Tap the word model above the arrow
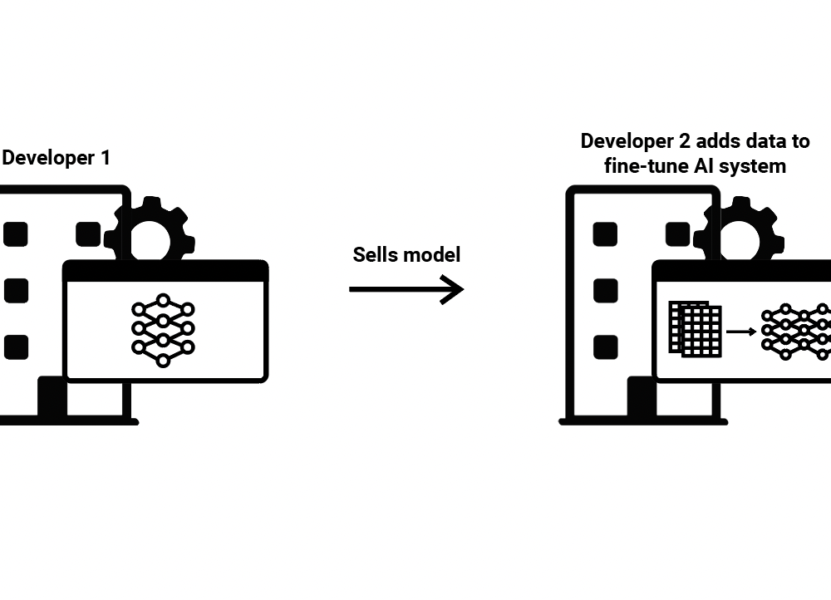(431, 255)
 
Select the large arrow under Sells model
(406, 290)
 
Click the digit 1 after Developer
(104, 158)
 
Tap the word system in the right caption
(754, 166)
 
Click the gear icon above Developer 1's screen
(150, 231)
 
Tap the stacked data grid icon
(696, 329)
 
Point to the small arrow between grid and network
(741, 332)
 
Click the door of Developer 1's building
(52, 397)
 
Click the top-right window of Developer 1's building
(88, 234)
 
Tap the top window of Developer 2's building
(605, 234)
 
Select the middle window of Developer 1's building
(16, 291)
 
